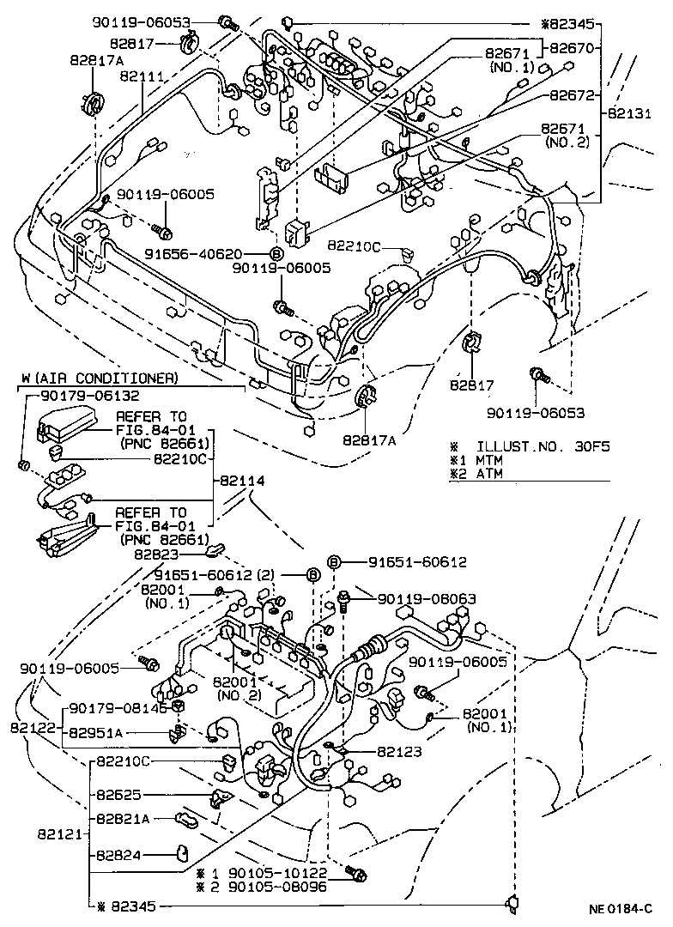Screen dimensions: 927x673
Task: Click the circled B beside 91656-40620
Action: (x=276, y=254)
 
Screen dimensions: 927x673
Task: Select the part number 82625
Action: (x=118, y=796)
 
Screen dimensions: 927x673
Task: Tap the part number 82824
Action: (x=118, y=855)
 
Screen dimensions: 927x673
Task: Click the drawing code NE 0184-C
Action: (x=621, y=908)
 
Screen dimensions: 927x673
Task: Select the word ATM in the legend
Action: (x=490, y=473)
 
